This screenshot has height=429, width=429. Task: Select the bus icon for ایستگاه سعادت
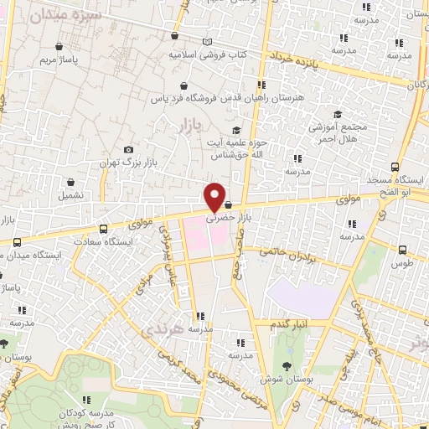(103, 229)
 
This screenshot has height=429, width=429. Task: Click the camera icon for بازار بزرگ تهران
(127, 150)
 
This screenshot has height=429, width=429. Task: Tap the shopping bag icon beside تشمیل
(70, 181)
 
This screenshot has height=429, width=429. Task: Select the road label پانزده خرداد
(297, 59)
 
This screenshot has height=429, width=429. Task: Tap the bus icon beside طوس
(403, 249)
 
